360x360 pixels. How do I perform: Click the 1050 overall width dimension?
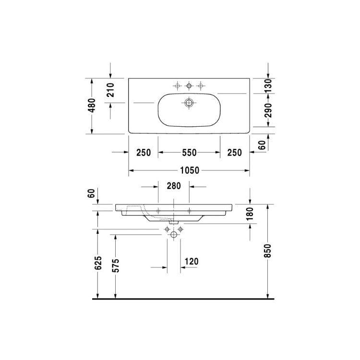point(190,170)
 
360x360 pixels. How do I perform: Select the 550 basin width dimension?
point(189,153)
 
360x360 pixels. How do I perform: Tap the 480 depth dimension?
point(92,105)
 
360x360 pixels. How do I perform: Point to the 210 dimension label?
point(110,90)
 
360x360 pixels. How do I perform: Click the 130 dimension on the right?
point(268,85)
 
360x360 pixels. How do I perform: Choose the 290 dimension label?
point(268,110)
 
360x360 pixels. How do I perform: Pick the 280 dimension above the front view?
point(174,186)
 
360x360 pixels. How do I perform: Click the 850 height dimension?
point(268,251)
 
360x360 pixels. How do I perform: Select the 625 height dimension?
point(98,263)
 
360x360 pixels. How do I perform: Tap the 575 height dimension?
point(116,265)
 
